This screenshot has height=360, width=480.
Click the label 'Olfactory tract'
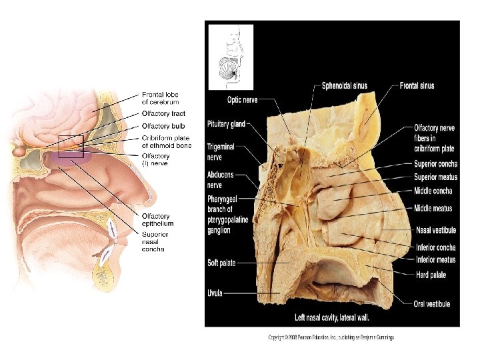(164, 114)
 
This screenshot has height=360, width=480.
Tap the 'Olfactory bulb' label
(164, 126)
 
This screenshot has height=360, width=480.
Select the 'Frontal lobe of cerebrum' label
(160, 98)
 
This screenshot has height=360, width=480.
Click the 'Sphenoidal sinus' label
(344, 85)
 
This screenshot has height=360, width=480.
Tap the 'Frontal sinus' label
(417, 85)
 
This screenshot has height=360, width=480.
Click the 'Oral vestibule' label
(431, 304)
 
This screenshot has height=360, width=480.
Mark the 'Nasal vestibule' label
(436, 230)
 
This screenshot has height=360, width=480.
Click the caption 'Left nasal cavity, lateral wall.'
(332, 317)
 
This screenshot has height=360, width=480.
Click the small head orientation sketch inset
(231, 57)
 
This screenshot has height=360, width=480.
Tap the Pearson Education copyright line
(331, 337)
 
